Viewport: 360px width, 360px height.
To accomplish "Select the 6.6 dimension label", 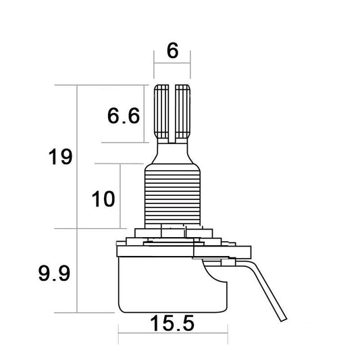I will click(123, 116).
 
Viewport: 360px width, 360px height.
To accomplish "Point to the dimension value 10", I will click(105, 199).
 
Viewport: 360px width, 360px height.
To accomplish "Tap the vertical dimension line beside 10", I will click(122, 196).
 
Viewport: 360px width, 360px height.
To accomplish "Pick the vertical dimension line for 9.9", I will click(78, 270).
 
